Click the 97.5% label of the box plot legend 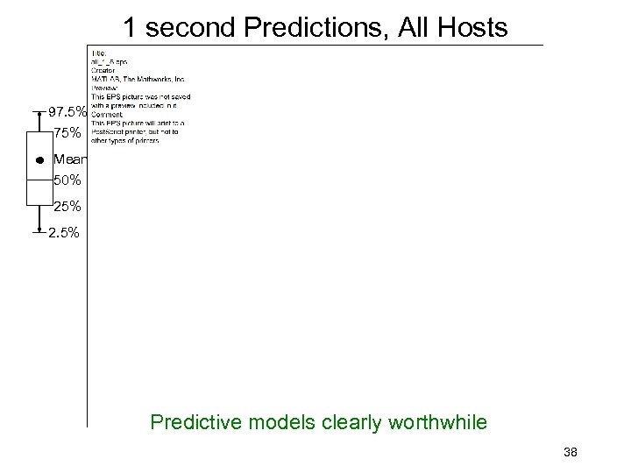coord(67,113)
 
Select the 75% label coord(67,134)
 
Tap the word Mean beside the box coord(68,159)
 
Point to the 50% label coord(67,180)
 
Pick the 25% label coord(67,207)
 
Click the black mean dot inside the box coord(39,161)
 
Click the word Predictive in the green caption coord(193,423)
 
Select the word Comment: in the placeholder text coord(107,113)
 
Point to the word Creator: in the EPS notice coord(104,71)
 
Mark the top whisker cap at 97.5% coord(39,112)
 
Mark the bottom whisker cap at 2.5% coord(39,234)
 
